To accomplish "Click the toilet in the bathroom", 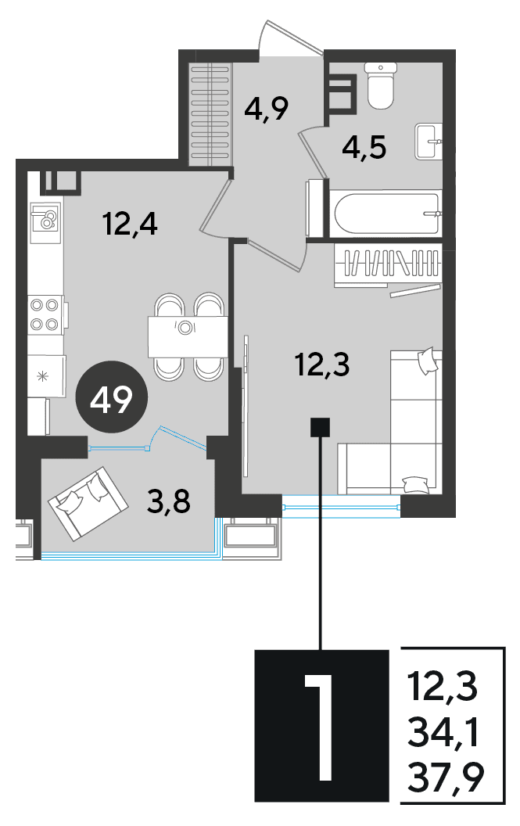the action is [381, 85].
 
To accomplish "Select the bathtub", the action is [387, 213].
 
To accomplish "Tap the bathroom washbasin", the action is [428, 141].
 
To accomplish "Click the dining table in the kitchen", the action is [187, 336].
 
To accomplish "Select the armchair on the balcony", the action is [88, 504].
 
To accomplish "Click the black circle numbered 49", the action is [111, 397].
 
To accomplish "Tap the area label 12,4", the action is [131, 224].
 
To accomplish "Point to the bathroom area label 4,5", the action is [364, 147].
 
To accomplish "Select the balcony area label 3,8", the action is [169, 501].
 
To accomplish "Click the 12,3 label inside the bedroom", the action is [322, 365].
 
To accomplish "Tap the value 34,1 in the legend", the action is [443, 732].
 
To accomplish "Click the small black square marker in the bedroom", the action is [321, 427].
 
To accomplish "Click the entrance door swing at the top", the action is [292, 37].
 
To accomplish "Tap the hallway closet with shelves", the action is [211, 114].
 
